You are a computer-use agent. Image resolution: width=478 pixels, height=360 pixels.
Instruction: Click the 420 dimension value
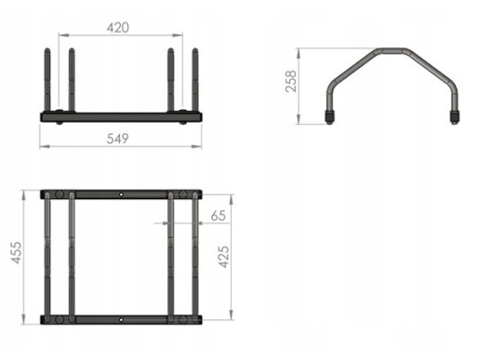coord(118,28)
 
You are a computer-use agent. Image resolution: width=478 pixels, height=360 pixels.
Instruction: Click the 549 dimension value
coord(117,139)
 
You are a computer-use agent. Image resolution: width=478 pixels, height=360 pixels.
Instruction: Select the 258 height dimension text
coord(291,81)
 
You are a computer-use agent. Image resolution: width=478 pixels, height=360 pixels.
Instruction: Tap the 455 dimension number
coord(17,253)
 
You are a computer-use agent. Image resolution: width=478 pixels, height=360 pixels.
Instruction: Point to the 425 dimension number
coord(223,257)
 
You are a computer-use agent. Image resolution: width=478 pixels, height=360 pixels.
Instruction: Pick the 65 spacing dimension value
coord(219,216)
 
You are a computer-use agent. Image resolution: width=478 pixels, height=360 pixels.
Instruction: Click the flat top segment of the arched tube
coord(393,51)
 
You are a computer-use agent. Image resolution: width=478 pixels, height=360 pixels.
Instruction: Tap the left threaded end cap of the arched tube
coord(329,117)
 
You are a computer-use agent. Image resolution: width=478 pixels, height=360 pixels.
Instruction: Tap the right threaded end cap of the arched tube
coord(455,117)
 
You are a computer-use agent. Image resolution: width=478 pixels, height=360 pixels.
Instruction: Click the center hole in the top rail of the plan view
coord(121,194)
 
